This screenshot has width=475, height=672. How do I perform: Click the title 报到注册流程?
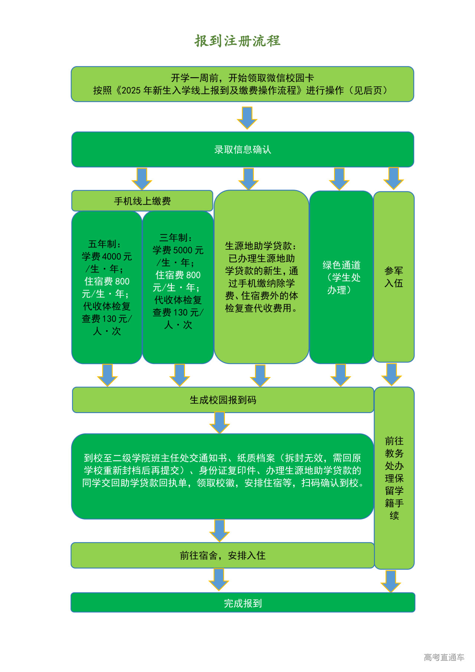[x=237, y=41]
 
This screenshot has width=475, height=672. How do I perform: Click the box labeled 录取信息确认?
[x=243, y=150]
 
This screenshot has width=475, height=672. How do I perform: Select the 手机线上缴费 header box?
[x=142, y=201]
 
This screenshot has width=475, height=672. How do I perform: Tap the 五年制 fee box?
[x=107, y=288]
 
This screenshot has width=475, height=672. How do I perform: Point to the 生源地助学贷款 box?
[x=262, y=277]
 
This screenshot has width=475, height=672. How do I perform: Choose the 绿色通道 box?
[x=341, y=277]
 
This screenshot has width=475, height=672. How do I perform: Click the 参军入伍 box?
[x=394, y=277]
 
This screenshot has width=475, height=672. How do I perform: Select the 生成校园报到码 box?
[x=223, y=400]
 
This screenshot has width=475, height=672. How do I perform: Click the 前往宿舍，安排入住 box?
[x=223, y=555]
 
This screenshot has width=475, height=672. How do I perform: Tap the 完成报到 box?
[x=243, y=603]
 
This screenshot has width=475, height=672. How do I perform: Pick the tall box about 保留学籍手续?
[x=394, y=478]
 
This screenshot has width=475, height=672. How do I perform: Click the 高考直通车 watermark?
[x=444, y=658]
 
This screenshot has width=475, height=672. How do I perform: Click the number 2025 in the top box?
[x=132, y=91]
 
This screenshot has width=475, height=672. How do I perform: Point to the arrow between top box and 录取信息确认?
[x=247, y=117]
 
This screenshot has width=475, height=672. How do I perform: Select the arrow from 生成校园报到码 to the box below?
[x=220, y=423]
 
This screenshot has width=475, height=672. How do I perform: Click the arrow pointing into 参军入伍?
[x=393, y=178]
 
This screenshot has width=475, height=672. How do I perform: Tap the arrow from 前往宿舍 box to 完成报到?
[x=219, y=579]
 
